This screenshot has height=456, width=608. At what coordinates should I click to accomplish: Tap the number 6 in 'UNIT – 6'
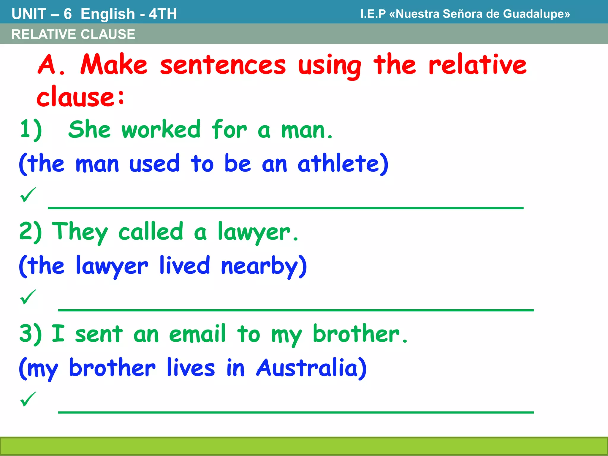(x=68, y=14)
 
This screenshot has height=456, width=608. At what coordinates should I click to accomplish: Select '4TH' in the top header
(x=163, y=14)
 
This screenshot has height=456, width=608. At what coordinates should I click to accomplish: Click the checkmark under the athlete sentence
(x=28, y=195)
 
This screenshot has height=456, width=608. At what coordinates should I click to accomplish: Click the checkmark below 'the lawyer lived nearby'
(x=28, y=297)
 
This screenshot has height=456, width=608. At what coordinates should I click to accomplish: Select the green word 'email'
(x=197, y=334)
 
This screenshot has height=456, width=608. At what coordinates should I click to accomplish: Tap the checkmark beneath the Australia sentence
(x=28, y=399)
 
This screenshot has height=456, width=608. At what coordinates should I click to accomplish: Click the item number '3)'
(x=30, y=334)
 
